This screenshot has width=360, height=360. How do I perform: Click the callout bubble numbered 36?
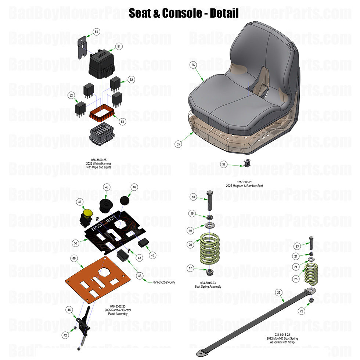(x=193, y=65)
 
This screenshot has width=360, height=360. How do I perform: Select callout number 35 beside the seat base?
(x=179, y=144)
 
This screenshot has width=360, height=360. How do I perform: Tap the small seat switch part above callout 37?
(x=246, y=162)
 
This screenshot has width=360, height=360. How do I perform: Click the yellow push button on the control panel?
(x=88, y=213)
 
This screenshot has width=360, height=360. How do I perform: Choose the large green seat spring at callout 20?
(x=211, y=249)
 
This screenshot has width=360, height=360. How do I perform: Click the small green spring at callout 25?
(x=311, y=274)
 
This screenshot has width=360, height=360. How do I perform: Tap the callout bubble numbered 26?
(x=279, y=293)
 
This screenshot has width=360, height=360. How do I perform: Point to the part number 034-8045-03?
(x=208, y=283)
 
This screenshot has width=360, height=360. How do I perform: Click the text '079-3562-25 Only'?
(x=164, y=282)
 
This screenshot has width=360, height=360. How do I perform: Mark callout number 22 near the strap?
(x=302, y=311)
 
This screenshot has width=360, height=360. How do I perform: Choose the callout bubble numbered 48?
(x=107, y=187)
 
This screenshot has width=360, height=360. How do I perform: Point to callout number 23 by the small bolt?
(x=297, y=246)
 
